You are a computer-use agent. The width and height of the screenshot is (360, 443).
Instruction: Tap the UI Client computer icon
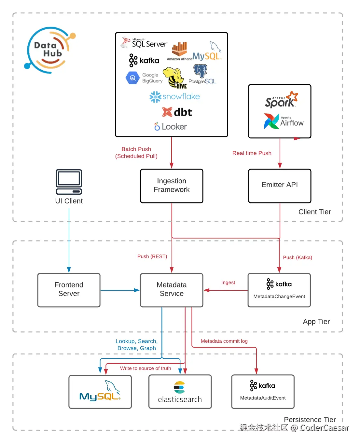pyautogui.click(x=69, y=182)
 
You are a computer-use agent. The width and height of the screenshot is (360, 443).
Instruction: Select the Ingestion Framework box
pyautogui.click(x=172, y=186)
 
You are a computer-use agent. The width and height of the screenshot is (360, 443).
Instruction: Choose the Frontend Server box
pyautogui.click(x=69, y=290)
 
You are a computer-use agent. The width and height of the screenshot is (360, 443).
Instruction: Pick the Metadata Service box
pyautogui.click(x=172, y=290)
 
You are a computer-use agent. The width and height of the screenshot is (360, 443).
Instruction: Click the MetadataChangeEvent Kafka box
pyautogui.click(x=279, y=290)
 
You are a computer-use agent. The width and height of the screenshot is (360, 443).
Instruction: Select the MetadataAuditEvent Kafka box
pyautogui.click(x=263, y=391)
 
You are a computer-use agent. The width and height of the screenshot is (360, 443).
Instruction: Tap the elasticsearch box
pyautogui.click(x=180, y=392)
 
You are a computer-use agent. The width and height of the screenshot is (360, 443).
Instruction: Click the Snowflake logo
pyautogui.click(x=174, y=97)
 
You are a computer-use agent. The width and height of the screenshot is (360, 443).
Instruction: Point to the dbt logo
pyautogui.click(x=177, y=112)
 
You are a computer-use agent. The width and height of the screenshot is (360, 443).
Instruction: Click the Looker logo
pyautogui.click(x=171, y=127)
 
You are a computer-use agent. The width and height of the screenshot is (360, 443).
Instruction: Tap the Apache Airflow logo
pyautogui.click(x=284, y=121)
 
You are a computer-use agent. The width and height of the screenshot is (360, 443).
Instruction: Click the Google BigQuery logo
pyautogui.click(x=144, y=78)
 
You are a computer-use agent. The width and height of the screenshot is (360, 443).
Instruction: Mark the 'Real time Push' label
pyautogui.click(x=252, y=153)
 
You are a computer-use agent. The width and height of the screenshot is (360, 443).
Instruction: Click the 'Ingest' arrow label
pyautogui.click(x=228, y=283)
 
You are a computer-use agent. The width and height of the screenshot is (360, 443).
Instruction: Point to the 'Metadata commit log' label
pyautogui.click(x=224, y=341)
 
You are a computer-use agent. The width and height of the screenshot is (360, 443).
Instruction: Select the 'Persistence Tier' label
pyautogui.click(x=310, y=420)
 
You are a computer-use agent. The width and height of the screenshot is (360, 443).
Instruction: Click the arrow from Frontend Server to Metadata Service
pyautogui.click(x=120, y=290)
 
